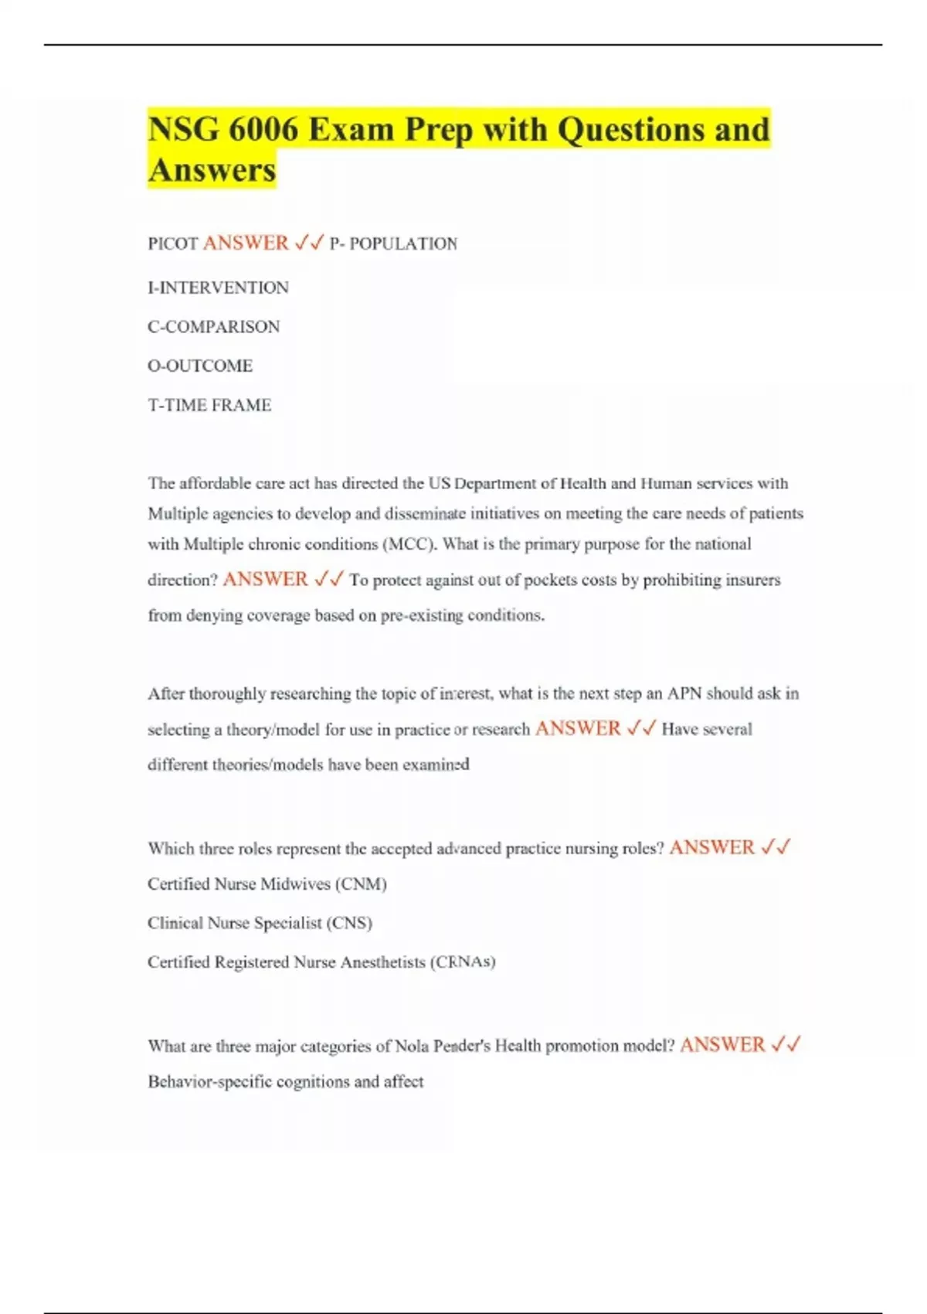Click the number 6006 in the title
(x=263, y=130)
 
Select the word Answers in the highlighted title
(x=212, y=170)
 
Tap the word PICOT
(x=172, y=244)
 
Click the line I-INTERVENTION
(x=218, y=288)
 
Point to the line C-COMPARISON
(x=213, y=327)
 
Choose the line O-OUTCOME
(x=200, y=366)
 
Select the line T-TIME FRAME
(x=209, y=405)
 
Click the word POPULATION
(x=403, y=244)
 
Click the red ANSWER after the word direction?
(x=265, y=579)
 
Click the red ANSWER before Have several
(x=578, y=728)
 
